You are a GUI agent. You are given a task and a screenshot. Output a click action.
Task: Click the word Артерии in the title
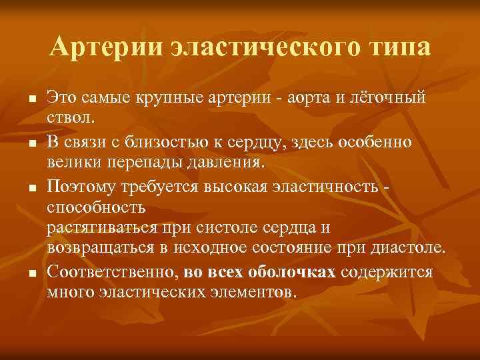(x=105, y=47)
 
